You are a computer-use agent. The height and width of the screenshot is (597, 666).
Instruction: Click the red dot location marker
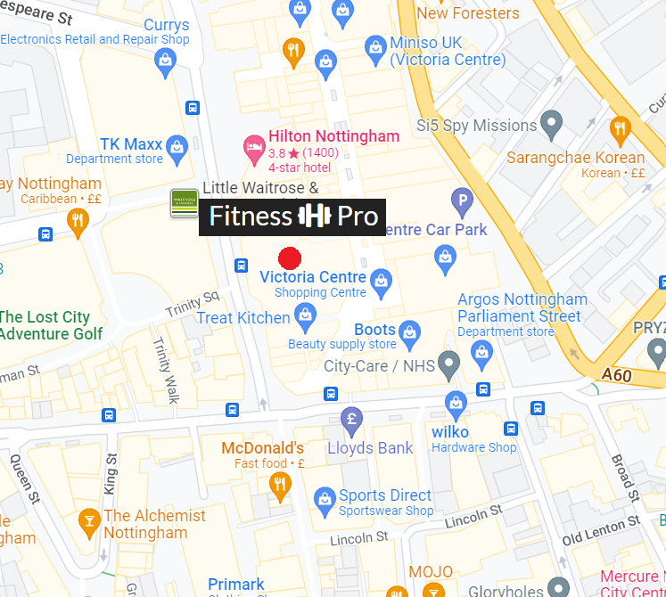tap(290, 258)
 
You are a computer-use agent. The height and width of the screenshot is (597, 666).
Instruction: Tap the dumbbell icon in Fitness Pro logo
tap(314, 217)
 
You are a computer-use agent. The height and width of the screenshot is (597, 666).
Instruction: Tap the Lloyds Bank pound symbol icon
tap(352, 417)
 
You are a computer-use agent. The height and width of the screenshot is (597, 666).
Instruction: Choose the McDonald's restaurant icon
tap(280, 484)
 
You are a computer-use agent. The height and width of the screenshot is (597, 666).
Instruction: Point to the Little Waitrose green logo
tap(185, 203)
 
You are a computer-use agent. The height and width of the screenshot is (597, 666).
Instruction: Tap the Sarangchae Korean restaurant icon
tap(621, 127)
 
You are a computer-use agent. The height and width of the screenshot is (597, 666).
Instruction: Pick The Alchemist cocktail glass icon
tap(88, 519)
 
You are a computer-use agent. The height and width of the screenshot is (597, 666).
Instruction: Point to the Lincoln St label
tap(358, 538)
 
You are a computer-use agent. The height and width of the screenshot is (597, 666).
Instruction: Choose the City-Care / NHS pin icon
tap(450, 363)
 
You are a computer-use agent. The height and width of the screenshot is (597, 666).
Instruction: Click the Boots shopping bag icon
tap(409, 330)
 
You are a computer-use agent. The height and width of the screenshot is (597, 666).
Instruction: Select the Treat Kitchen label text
tap(243, 317)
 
